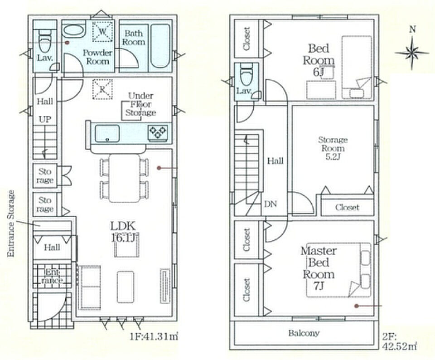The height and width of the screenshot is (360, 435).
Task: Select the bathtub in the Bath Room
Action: [x=160, y=46]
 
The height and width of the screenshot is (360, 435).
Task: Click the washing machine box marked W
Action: [x=102, y=31]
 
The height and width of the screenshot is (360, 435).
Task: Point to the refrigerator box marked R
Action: [x=102, y=89]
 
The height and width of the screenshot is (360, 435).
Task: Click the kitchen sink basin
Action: [x=107, y=133]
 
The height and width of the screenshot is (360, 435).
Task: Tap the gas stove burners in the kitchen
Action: [x=158, y=131]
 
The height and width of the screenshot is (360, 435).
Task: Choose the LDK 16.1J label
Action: [x=123, y=232]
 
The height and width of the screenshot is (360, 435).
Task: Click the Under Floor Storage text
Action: [x=140, y=104]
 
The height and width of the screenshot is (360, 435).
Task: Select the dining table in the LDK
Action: [x=125, y=178]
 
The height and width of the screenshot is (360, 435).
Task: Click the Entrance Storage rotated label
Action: [x=11, y=223]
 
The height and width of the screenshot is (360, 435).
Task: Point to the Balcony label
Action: [x=304, y=333]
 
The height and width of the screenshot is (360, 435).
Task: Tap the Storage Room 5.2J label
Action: [x=333, y=148]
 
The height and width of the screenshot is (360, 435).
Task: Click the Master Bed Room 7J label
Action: [x=319, y=268]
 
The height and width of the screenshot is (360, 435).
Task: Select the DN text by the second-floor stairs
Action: [x=271, y=204]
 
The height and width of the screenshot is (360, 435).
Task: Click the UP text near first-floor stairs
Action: [x=45, y=119]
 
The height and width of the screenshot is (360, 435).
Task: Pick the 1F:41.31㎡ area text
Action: [x=154, y=337]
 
